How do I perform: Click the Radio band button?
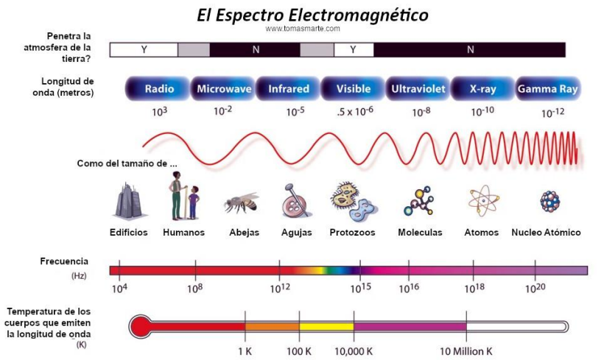pyautogui.click(x=159, y=89)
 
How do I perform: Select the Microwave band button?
pyautogui.click(x=224, y=89)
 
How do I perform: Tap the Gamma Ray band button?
pyautogui.click(x=547, y=89)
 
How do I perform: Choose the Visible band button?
pyautogui.click(x=354, y=89)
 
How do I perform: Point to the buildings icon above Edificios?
pyautogui.click(x=129, y=200)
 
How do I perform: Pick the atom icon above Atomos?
pyautogui.click(x=482, y=200)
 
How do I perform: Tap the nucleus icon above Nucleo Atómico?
pyautogui.click(x=549, y=201)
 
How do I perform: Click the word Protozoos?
pyautogui.click(x=352, y=233)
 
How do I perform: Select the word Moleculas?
pyautogui.click(x=420, y=233)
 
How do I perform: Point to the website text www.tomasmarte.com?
pyautogui.click(x=303, y=29)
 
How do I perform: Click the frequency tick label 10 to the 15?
pyautogui.click(x=360, y=289)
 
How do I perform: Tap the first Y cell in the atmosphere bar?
pyautogui.click(x=144, y=50)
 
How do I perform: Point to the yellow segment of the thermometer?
pyautogui.click(x=326, y=326)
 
